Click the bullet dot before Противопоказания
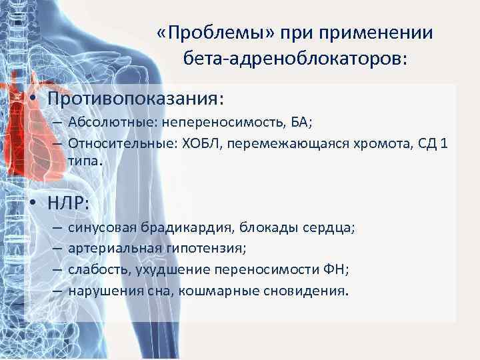32,99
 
